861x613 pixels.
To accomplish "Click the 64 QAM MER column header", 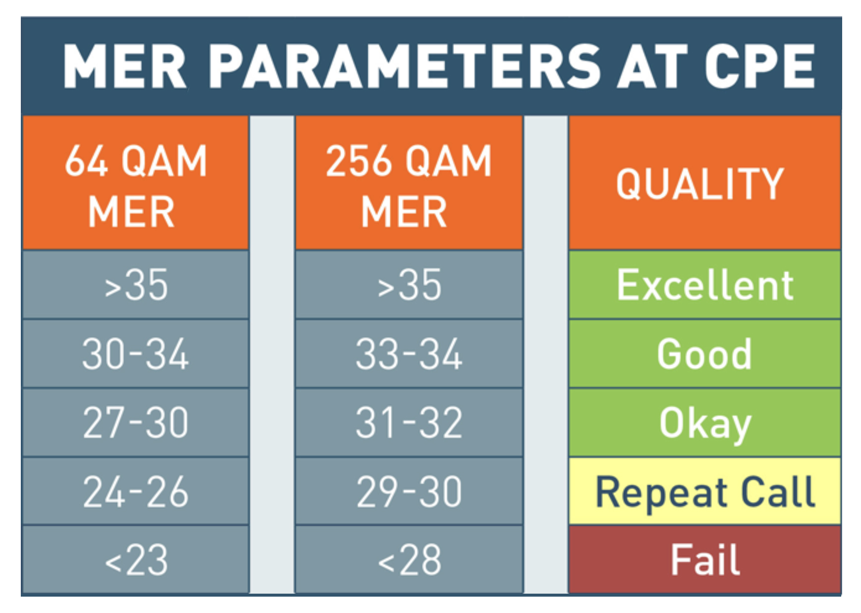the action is point(135,183).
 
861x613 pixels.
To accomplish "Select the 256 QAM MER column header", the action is point(409,183).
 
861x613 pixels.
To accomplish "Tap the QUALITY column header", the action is point(704,183).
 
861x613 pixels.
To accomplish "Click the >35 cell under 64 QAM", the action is point(135,285).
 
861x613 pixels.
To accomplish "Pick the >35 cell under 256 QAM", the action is point(409,285).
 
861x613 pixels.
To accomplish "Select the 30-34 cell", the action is point(135,354).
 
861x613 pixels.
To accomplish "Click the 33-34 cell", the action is point(409,354).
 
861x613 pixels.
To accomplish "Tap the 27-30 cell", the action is point(135,423).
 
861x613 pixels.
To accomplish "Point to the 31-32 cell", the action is point(409,423).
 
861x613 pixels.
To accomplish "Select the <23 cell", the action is point(135,559).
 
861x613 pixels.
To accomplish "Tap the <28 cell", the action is point(409,559).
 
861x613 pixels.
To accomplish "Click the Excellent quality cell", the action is point(704,285).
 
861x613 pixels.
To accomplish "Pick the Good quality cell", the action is point(704,354).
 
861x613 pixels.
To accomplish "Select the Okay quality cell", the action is point(704,423).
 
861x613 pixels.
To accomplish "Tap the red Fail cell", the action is point(704,559).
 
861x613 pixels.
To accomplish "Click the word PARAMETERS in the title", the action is point(404,66).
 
